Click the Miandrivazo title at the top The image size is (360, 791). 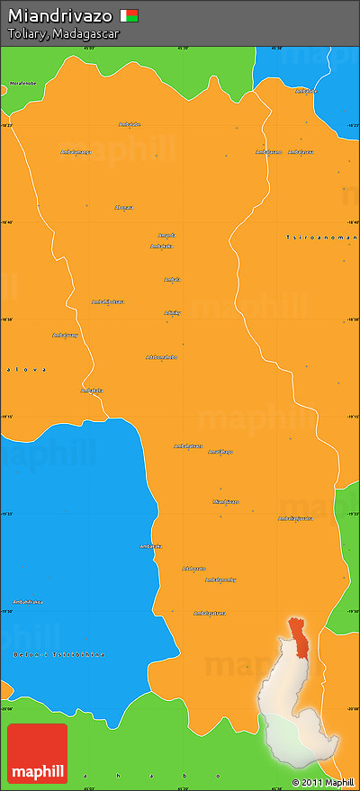60,16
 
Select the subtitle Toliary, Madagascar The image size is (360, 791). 63,33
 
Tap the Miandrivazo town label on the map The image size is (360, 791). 226,501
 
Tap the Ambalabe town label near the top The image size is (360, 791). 130,124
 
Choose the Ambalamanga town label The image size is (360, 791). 76,152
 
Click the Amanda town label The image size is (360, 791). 166,236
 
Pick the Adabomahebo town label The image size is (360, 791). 161,357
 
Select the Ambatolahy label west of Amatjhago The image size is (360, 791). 188,445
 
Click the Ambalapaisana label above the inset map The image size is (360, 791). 209,613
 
